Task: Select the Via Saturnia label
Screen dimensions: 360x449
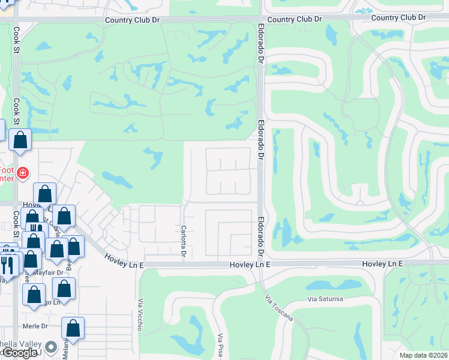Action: click(x=325, y=298)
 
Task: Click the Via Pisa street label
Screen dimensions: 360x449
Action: click(x=221, y=346)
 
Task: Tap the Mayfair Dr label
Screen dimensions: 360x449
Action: click(x=47, y=272)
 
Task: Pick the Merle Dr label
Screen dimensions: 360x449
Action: click(x=35, y=326)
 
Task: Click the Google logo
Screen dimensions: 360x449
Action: click(x=20, y=353)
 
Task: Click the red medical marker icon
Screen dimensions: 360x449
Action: click(x=23, y=173)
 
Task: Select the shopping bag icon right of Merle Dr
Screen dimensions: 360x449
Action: click(x=73, y=329)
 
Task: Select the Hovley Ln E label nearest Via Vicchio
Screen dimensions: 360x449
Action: click(x=124, y=260)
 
